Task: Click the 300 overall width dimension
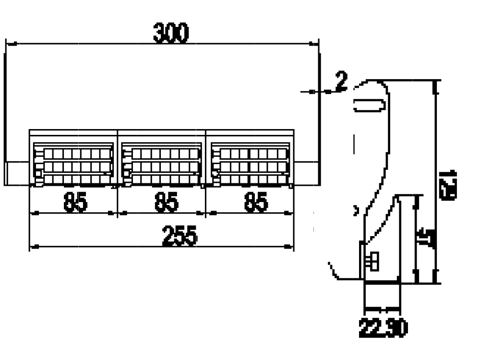[x=171, y=33]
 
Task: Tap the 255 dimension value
[x=179, y=236]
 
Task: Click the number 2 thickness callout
[x=341, y=82]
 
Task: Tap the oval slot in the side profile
[x=370, y=105]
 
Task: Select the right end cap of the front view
[x=306, y=173]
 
